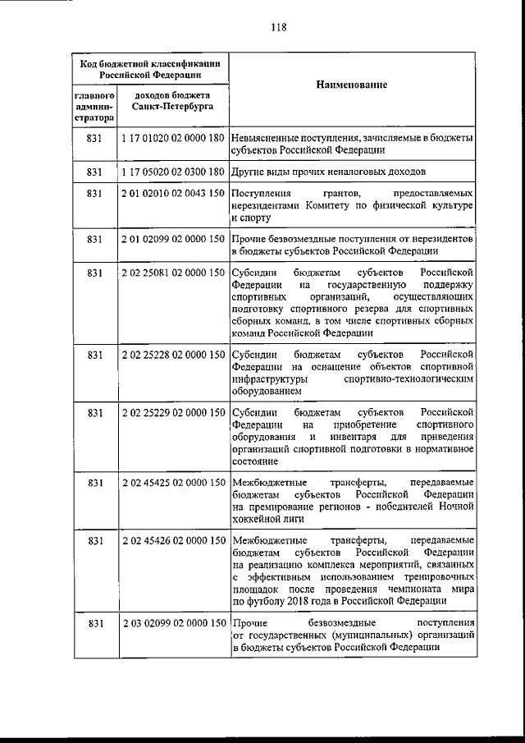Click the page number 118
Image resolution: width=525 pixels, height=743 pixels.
pyautogui.click(x=278, y=26)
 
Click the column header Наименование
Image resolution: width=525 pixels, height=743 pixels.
pyautogui.click(x=351, y=85)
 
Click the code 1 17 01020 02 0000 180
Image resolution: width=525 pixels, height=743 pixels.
pyautogui.click(x=172, y=139)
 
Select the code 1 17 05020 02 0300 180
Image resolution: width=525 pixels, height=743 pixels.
pyautogui.click(x=172, y=172)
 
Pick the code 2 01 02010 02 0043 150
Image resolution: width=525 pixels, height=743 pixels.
pyautogui.click(x=172, y=194)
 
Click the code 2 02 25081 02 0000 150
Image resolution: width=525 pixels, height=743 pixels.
pyautogui.click(x=172, y=272)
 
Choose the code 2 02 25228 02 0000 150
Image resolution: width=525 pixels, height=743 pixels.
pyautogui.click(x=172, y=355)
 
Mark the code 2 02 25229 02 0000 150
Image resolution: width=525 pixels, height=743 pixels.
pyautogui.click(x=172, y=412)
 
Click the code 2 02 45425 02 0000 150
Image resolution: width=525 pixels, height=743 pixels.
pyautogui.click(x=172, y=483)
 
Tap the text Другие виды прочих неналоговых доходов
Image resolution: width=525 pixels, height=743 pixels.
pyautogui.click(x=328, y=172)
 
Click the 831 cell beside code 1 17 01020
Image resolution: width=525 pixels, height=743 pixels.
pyautogui.click(x=94, y=139)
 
